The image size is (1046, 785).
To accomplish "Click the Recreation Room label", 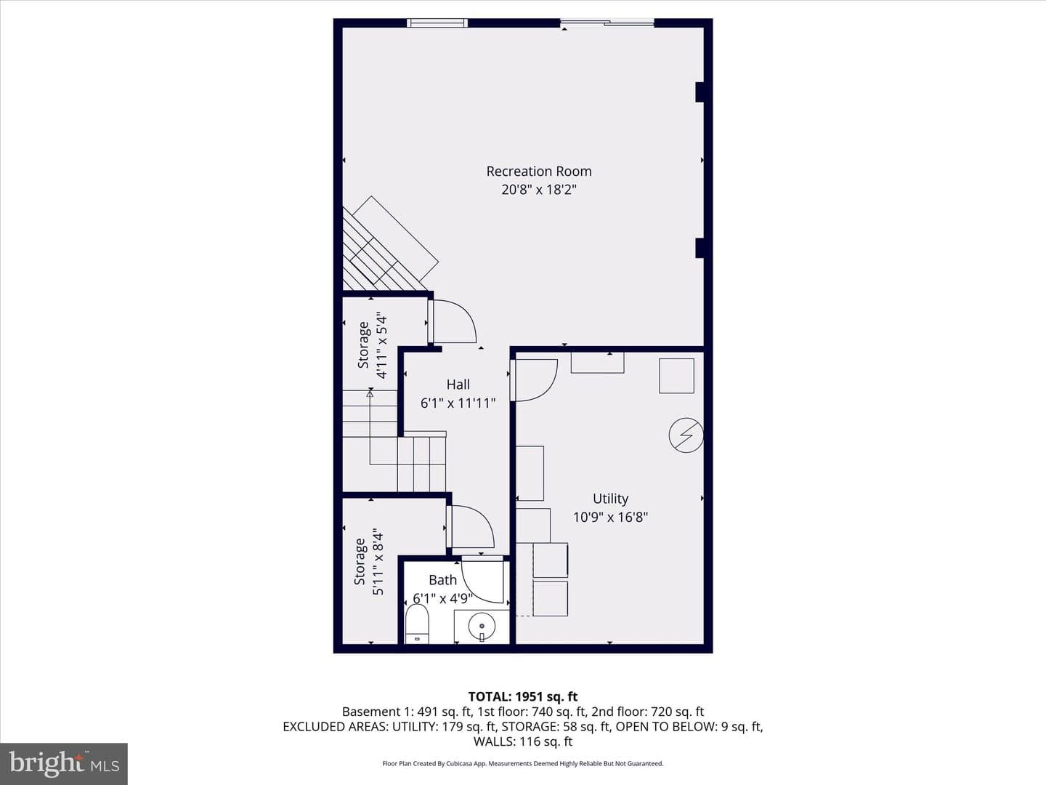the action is coord(539,172).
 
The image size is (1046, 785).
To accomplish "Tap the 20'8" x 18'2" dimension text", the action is coord(539,190).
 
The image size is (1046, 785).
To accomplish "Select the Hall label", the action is coord(458,385).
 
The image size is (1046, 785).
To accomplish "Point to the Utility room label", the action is coord(610,499).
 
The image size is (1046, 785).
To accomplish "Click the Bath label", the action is coord(442,579).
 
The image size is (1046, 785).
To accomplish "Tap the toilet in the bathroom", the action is coord(417,624).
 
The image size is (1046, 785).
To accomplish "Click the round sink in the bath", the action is coord(482,626).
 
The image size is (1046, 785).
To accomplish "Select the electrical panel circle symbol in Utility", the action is coord(686,435).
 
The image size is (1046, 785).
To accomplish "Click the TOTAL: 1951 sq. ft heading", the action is coord(523,697).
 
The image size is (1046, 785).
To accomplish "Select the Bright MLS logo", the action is coord(64,764).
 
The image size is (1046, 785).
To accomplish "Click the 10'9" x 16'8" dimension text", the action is coord(610,517).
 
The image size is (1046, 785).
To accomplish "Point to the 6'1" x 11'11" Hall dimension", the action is coord(458,403).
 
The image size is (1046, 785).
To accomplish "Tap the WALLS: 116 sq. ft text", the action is coord(523,741).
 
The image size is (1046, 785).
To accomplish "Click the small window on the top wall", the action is coord(437,23).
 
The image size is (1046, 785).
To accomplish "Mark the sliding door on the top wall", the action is coord(607,23).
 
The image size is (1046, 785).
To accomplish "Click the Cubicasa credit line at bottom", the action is coord(523,763).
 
